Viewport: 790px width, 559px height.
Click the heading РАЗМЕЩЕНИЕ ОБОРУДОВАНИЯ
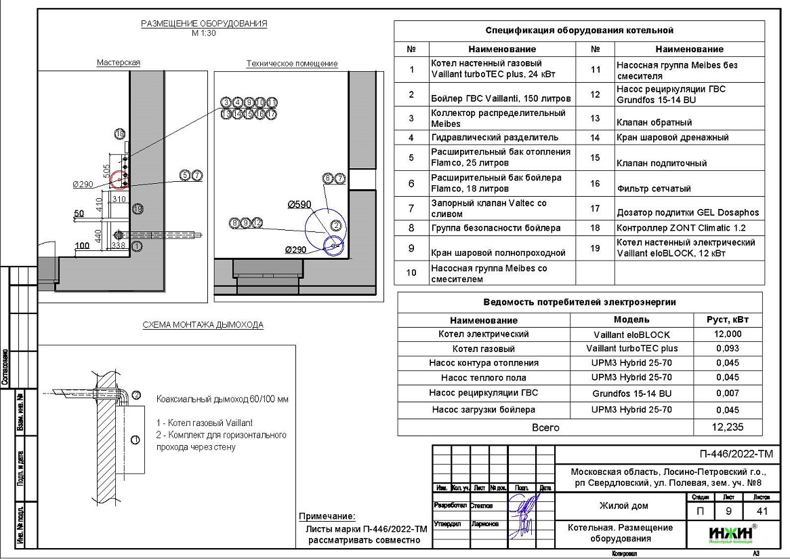click(x=204, y=24)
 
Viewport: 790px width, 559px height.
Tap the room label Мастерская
click(x=118, y=62)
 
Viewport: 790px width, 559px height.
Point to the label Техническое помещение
click(x=291, y=64)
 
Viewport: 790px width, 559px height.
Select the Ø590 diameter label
click(x=299, y=204)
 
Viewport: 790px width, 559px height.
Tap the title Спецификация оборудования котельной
click(x=579, y=31)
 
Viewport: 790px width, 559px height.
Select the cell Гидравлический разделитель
click(x=495, y=138)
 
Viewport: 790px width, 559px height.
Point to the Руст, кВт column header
click(x=728, y=320)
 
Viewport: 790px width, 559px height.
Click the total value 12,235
click(x=728, y=428)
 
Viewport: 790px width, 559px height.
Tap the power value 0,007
click(x=728, y=393)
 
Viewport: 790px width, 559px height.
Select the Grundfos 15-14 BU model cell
click(x=631, y=393)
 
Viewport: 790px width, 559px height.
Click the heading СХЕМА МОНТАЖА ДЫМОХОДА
click(x=203, y=325)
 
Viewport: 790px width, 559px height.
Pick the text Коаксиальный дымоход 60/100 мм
click(x=222, y=400)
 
